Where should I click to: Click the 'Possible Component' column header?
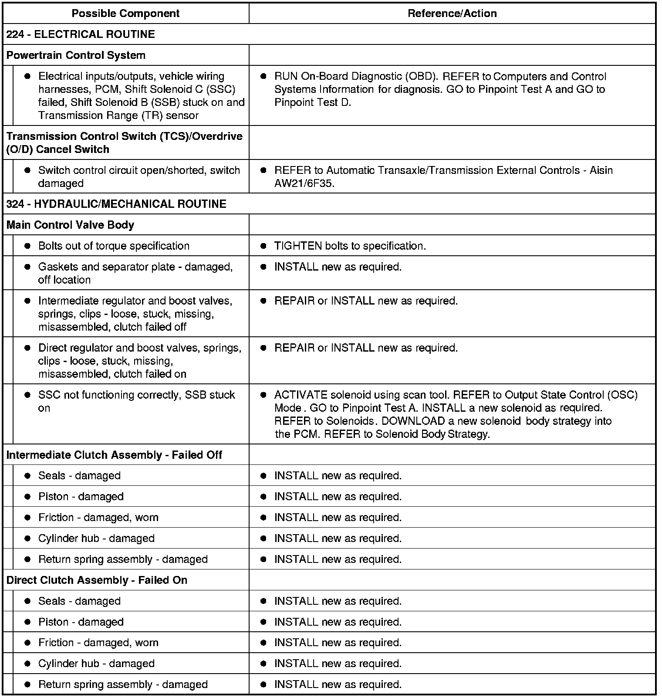tap(125, 14)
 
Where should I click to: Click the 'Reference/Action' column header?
tap(452, 14)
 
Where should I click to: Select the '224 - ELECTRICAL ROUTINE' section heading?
tap(81, 34)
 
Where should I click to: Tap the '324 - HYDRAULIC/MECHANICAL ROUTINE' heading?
tap(116, 204)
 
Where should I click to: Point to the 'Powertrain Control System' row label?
tap(76, 55)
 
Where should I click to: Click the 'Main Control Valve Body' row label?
tap(70, 225)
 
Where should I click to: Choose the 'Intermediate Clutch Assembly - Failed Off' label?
tap(114, 455)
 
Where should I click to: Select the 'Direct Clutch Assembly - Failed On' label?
tap(97, 580)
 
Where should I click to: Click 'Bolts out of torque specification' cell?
tap(114, 246)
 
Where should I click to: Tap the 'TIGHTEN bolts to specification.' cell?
tap(350, 246)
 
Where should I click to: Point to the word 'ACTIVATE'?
tap(301, 395)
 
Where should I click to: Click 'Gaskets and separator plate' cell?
tap(135, 273)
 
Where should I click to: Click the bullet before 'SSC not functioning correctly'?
tap(27, 395)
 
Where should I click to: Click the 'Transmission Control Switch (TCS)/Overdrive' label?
tap(124, 136)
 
